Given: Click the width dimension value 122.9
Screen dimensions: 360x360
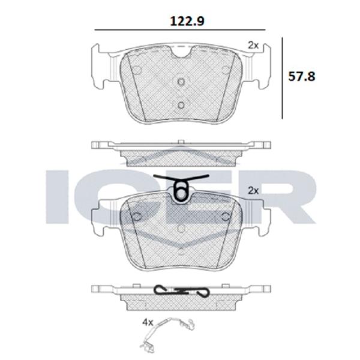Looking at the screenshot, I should click(x=181, y=20).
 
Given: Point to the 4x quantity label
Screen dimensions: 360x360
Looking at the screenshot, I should click(x=147, y=322).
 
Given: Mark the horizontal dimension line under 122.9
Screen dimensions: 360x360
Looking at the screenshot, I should click(x=181, y=31).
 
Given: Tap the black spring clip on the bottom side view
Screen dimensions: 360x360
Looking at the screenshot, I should click(x=181, y=289).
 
